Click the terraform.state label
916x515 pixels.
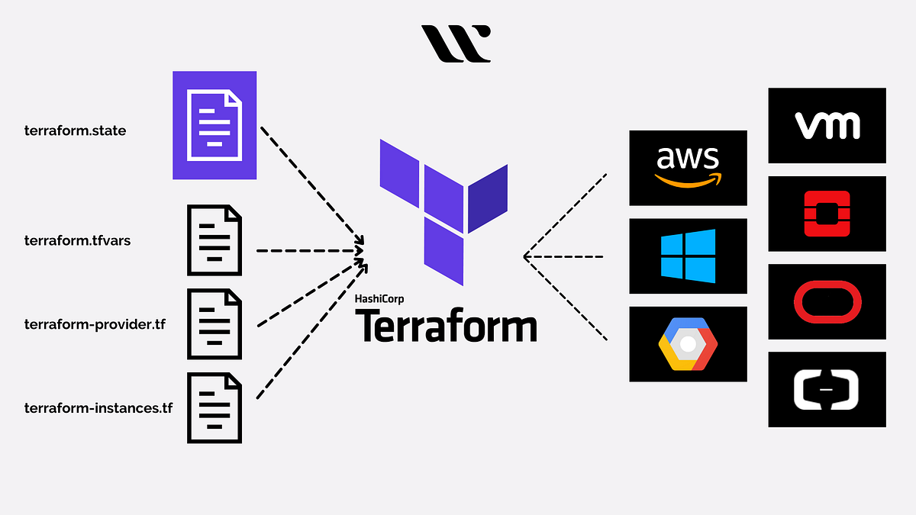pos(75,130)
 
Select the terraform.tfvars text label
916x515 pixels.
pos(79,241)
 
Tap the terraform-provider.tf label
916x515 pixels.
pos(95,324)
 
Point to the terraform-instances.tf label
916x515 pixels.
pos(98,408)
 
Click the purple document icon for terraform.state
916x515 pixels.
pos(214,125)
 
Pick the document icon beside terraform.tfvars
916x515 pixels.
pos(214,240)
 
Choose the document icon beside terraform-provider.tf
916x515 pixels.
pos(214,324)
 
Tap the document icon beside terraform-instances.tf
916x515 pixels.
pos(214,407)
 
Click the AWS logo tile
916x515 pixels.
pos(688,168)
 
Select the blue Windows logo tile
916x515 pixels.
pos(688,256)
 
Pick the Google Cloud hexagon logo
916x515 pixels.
pos(688,344)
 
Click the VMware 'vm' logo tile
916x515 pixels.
pos(827,125)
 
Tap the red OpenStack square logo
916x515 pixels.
pos(827,213)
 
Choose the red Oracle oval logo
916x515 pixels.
pos(827,301)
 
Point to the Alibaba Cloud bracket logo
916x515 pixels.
pos(827,389)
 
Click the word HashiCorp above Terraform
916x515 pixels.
pos(379,299)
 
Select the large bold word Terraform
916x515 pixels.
pos(446,326)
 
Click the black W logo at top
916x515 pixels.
pos(456,43)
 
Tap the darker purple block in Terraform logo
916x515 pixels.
pos(488,198)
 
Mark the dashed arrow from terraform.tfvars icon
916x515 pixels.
pos(309,249)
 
